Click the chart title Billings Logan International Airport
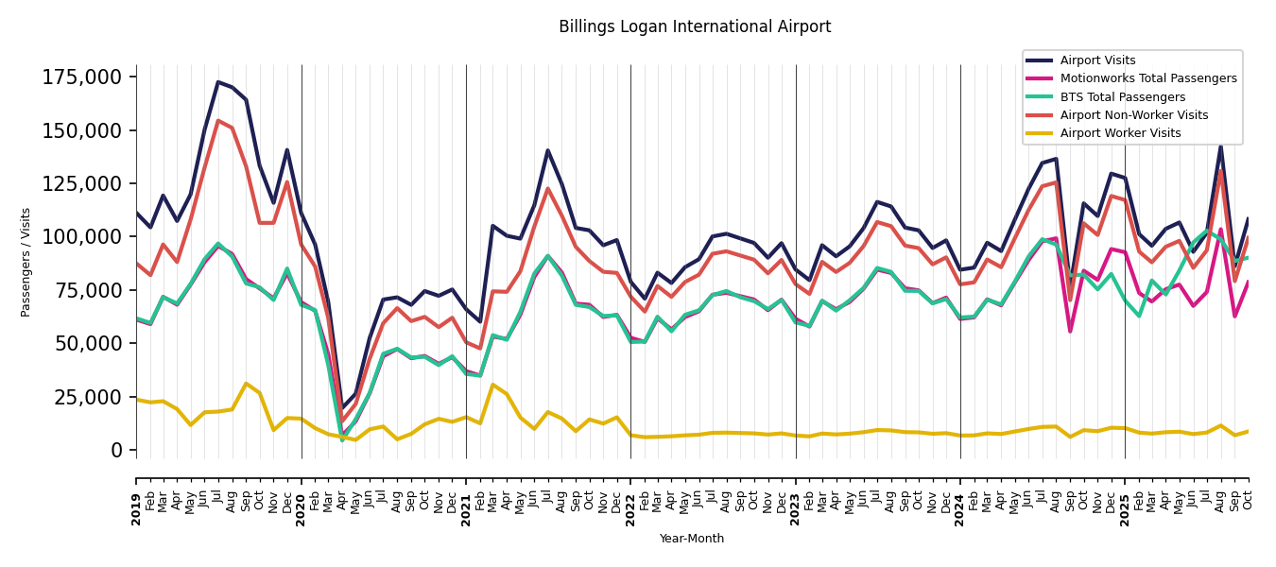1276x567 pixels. coord(695,27)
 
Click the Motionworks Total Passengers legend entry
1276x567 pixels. coord(1147,78)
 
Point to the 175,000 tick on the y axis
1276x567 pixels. coord(82,77)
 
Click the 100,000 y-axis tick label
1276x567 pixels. coord(82,236)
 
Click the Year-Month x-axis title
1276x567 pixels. coord(692,539)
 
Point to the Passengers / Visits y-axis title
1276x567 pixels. coord(26,262)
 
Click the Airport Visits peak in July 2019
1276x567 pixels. coord(218,82)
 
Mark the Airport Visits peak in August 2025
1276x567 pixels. coord(1220,146)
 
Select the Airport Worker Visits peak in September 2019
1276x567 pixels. coord(246,384)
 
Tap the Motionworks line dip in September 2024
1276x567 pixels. coord(1070,331)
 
